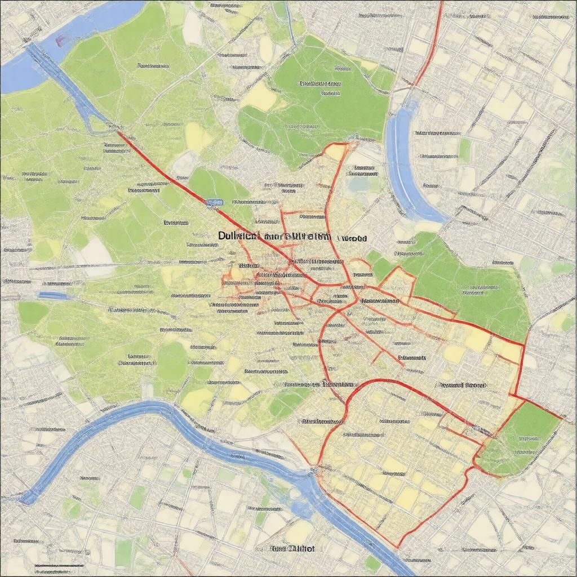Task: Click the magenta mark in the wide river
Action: point(61,39)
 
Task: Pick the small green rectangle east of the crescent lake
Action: point(464,149)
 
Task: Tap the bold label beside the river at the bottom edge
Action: point(292,548)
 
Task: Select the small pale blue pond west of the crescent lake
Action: point(358,183)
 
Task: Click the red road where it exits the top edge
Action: point(440,3)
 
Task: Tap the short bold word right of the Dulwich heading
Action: point(352,238)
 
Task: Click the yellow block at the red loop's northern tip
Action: point(336,151)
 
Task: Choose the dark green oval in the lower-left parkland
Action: point(171,361)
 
